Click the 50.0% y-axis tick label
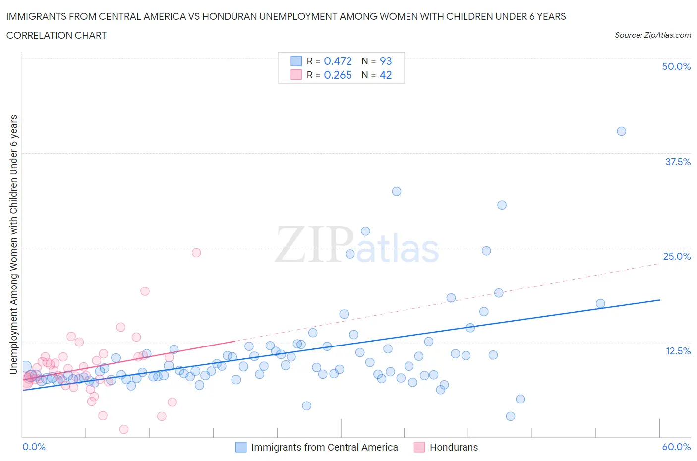pos(676,66)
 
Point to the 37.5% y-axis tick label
pos(678,162)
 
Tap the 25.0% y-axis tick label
pos(677,256)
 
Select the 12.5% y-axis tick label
pos(678,351)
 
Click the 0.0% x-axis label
pos(34,447)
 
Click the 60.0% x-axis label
pos(676,447)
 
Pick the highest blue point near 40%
pos(621,131)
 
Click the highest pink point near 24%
pos(196,253)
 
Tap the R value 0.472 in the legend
pos(338,61)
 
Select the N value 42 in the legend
pos(385,75)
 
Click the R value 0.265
pos(338,75)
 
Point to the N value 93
pos(385,61)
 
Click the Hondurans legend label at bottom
pos(454,447)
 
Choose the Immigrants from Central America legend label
pos(324,447)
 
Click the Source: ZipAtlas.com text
pos(652,35)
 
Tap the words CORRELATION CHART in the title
pos(57,35)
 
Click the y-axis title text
pos(13,244)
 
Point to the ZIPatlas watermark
pos(357,244)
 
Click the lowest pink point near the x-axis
pos(124,429)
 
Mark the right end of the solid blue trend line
pos(659,300)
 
